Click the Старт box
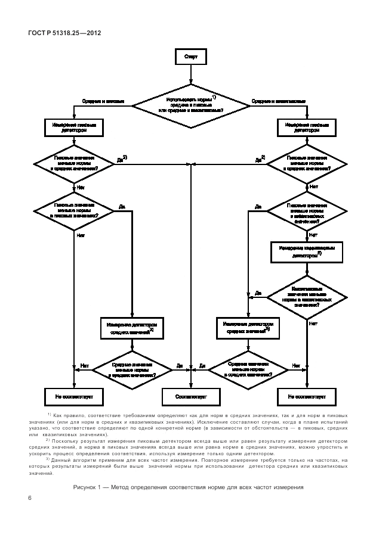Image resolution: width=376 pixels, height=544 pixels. click(x=191, y=57)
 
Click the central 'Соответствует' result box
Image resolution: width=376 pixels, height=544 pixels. click(x=191, y=396)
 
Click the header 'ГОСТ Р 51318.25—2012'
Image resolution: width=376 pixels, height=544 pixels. click(x=64, y=33)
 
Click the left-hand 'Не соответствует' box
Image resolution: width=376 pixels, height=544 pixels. click(x=74, y=396)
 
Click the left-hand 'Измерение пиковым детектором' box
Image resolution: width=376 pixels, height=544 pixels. click(x=74, y=128)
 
